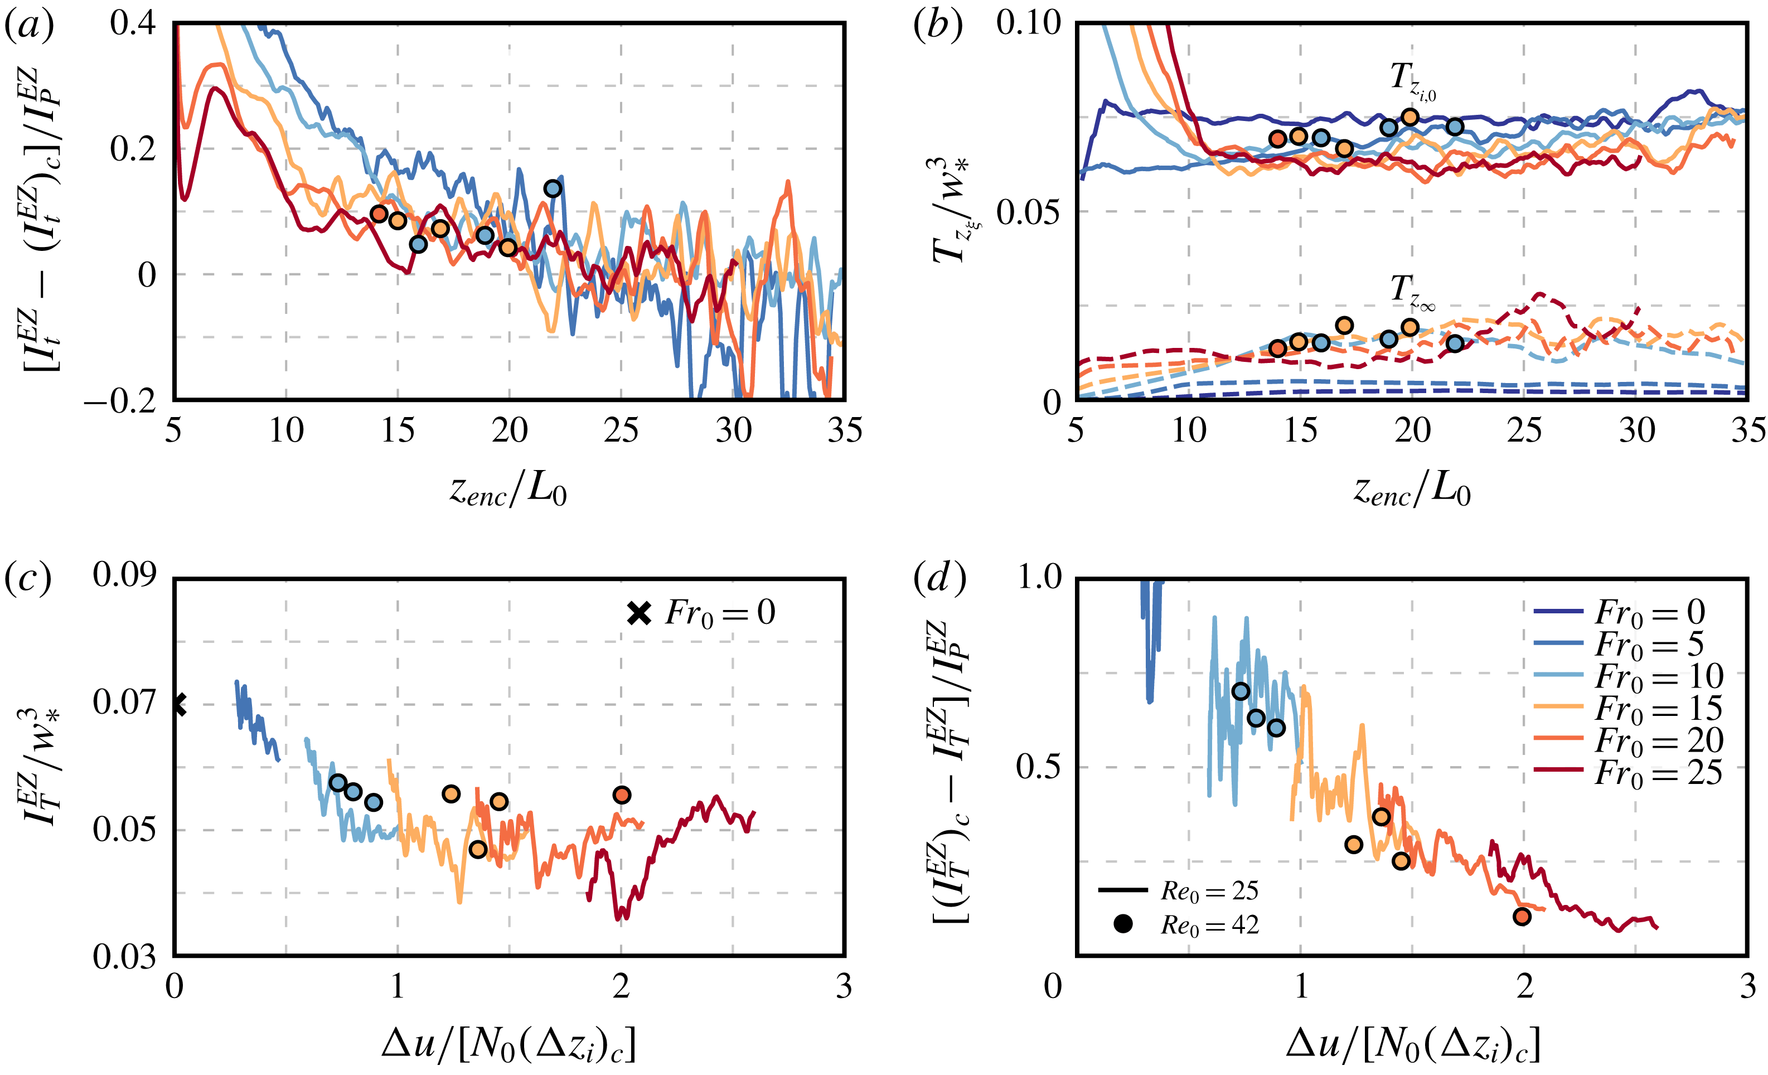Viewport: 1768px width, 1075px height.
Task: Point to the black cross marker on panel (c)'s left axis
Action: pos(178,705)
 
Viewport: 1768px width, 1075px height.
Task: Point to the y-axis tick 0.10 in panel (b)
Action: pos(1028,23)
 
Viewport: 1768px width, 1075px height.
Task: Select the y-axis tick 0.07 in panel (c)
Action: pos(124,703)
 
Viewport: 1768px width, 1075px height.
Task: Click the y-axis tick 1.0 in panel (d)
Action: pos(1039,577)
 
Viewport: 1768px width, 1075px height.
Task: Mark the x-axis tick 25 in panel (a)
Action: pos(621,430)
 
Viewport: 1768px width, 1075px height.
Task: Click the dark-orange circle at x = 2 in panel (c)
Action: pos(622,795)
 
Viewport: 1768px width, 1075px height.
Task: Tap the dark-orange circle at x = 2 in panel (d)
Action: pos(1522,917)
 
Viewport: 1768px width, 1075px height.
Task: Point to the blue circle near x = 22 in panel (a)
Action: pos(553,188)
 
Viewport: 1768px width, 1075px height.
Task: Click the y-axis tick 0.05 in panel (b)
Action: pos(1028,212)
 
